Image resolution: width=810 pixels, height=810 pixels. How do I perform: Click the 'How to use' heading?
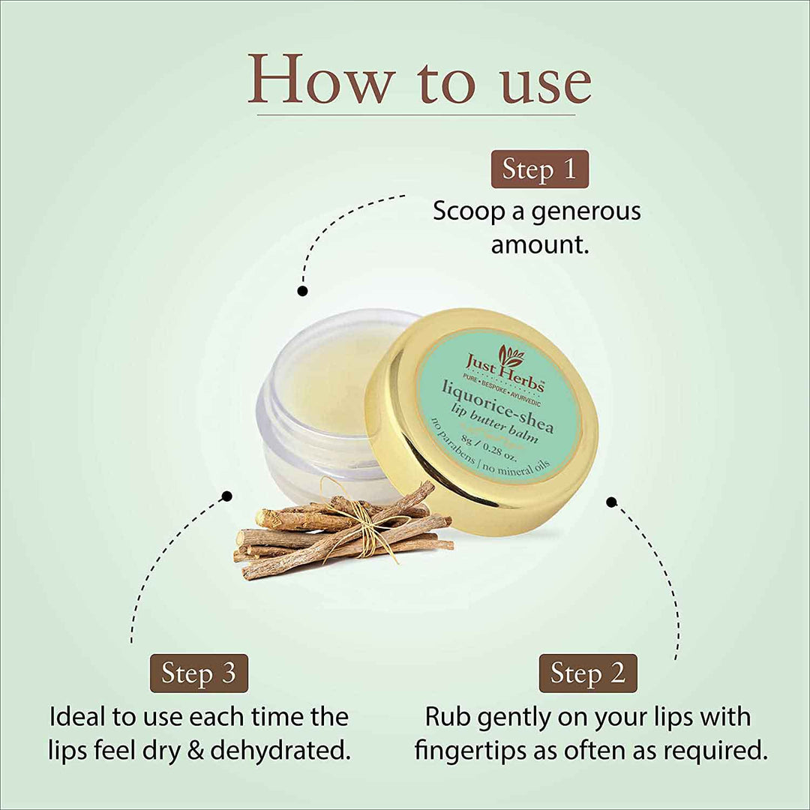tap(418, 78)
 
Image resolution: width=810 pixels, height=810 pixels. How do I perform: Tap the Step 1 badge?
tap(539, 169)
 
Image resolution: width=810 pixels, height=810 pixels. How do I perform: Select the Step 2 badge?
tap(587, 673)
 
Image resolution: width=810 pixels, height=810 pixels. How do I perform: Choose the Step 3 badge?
tap(199, 673)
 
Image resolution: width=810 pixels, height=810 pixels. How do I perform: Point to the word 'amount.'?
tap(539, 244)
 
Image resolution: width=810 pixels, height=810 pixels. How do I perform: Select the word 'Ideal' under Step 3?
tap(79, 716)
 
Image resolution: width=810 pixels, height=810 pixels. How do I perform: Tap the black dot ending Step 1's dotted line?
tap(302, 290)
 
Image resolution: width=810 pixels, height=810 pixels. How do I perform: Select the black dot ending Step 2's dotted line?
tap(611, 502)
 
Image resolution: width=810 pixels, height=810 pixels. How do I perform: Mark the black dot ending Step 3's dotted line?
tap(226, 496)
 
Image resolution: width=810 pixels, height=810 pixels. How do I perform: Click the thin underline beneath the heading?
tap(416, 115)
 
